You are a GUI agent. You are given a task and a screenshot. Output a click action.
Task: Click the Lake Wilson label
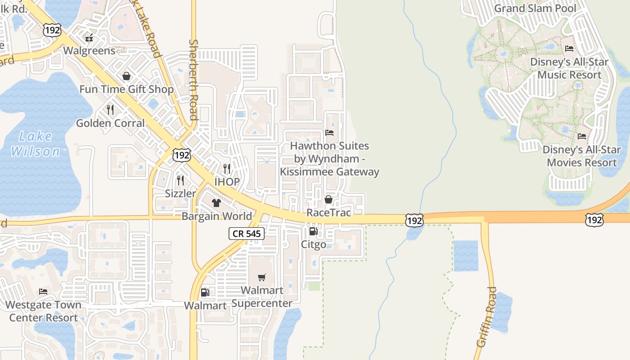36,144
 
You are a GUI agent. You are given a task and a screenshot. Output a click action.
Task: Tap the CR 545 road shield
246,234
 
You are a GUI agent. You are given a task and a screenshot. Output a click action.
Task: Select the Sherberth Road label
193,80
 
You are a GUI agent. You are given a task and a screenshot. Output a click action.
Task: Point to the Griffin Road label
486,317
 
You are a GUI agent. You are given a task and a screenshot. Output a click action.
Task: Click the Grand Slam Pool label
535,9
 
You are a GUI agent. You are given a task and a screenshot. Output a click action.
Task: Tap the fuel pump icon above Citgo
313,231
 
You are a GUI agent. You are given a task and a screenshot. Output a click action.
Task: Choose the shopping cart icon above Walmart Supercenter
262,277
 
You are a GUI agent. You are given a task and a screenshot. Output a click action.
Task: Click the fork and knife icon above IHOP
227,168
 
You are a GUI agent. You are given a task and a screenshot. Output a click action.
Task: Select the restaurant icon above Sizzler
180,180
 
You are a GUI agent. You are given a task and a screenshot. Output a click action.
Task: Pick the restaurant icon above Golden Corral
110,109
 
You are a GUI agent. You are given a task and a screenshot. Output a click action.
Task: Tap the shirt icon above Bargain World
216,202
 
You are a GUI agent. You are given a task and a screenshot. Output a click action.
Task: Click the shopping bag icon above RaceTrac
328,199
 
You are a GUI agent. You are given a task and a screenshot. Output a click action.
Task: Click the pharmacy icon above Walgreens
89,37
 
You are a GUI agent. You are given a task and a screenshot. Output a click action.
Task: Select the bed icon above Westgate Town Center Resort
43,292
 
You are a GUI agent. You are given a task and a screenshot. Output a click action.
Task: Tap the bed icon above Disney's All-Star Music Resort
569,49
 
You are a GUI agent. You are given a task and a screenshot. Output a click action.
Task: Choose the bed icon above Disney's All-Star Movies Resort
582,136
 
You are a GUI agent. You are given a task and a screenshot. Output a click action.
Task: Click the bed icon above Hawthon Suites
329,133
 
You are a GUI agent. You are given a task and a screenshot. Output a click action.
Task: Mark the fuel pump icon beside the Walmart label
205,293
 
